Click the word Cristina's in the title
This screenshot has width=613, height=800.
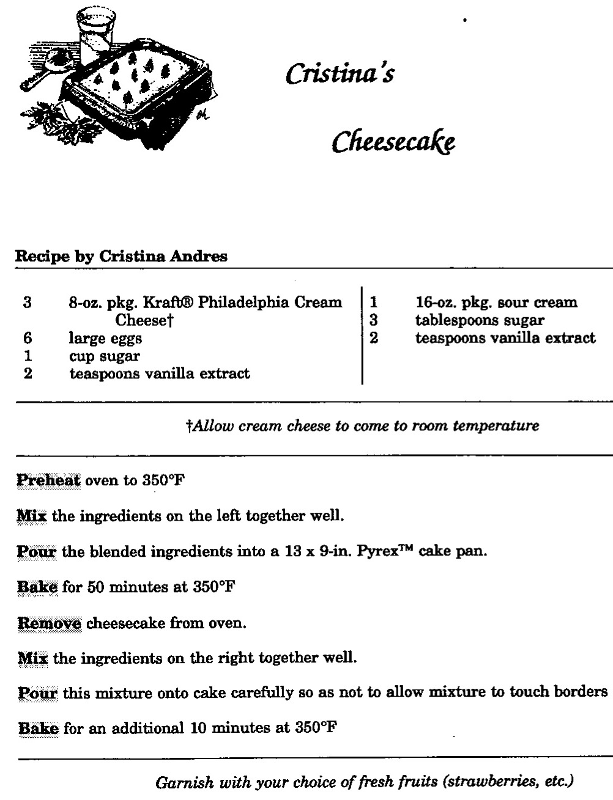(x=340, y=74)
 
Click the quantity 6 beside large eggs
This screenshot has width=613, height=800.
(x=28, y=338)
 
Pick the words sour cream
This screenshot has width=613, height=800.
(x=538, y=303)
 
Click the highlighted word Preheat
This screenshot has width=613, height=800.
(x=48, y=480)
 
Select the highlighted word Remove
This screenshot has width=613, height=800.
(x=48, y=623)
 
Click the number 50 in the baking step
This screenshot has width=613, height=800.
(x=87, y=587)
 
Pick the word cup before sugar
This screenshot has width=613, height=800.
(x=82, y=356)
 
